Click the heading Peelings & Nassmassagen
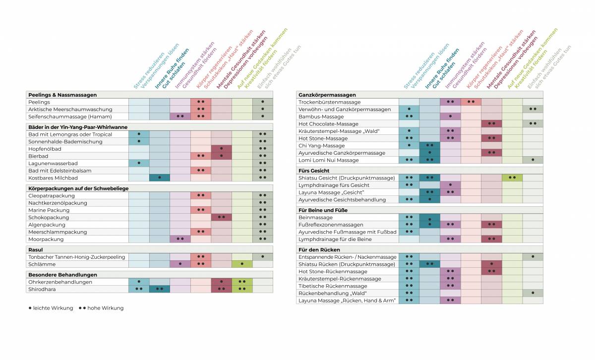[x=62, y=95]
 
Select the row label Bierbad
[x=38, y=156]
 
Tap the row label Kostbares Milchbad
[x=53, y=178]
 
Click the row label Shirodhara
[x=42, y=289]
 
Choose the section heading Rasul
[x=36, y=250]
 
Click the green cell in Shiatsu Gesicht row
[x=512, y=178]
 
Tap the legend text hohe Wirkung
[x=105, y=308]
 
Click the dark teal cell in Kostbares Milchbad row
[x=160, y=178]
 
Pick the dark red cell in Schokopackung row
[x=221, y=217]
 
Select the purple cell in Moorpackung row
[x=180, y=239]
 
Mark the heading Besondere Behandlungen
[x=62, y=275]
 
